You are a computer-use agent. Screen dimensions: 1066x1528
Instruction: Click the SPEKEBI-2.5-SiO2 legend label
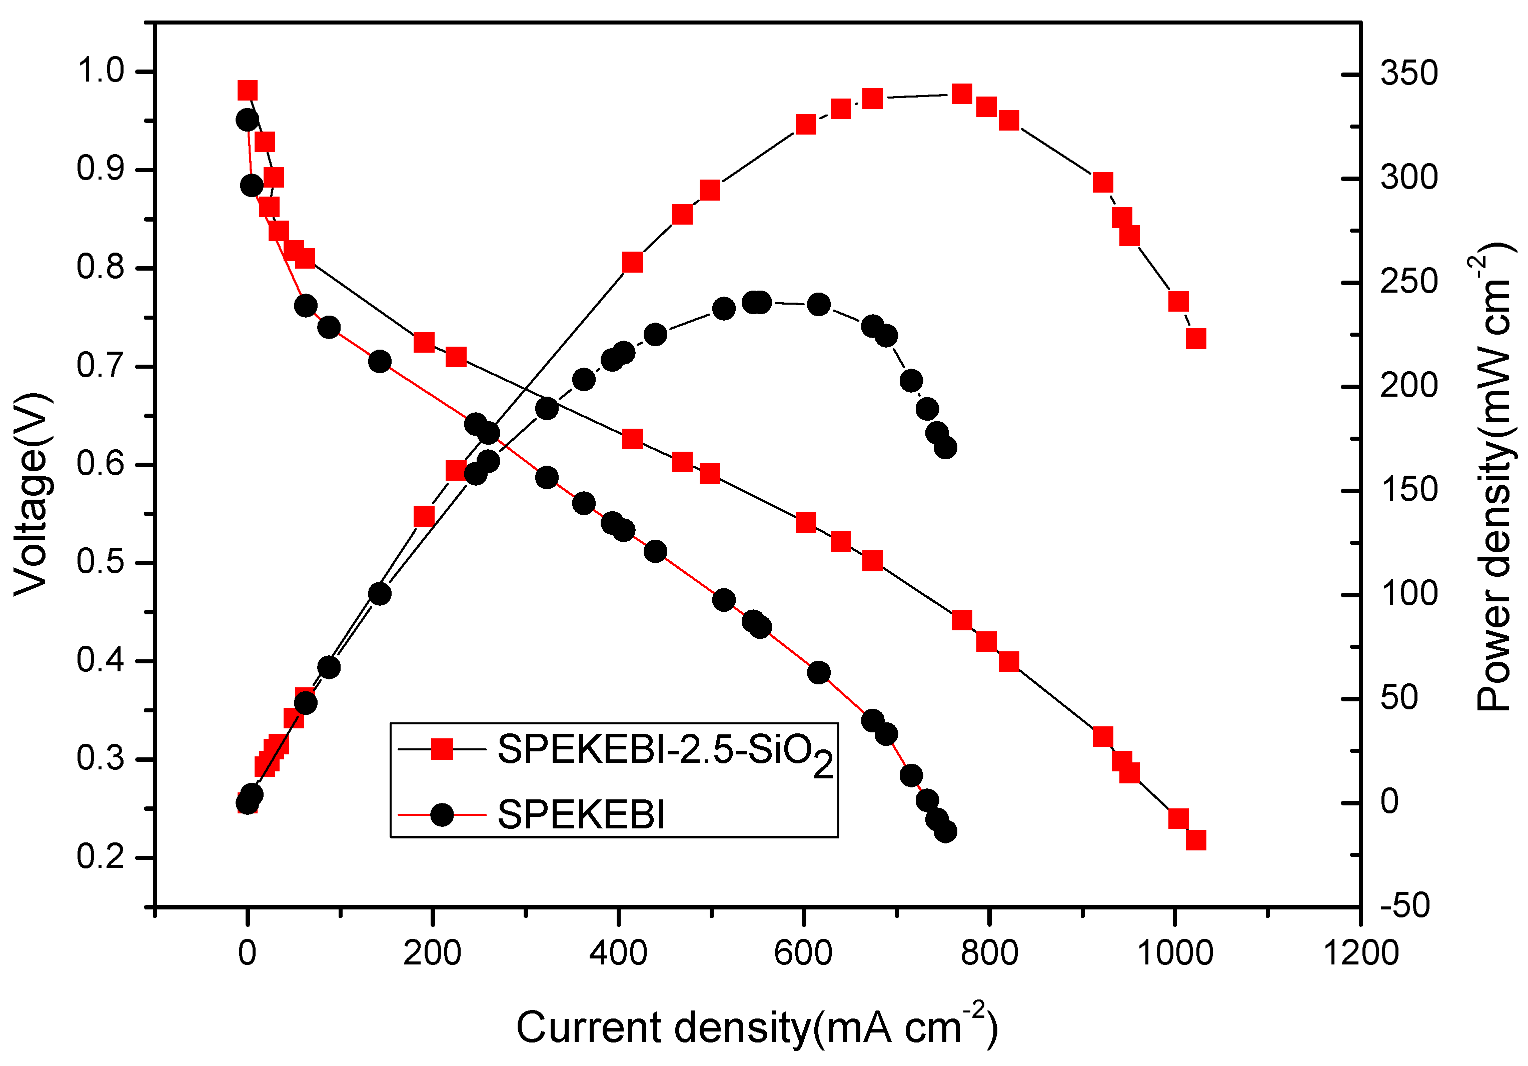(664, 752)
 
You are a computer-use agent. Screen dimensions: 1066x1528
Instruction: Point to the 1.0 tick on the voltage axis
(101, 71)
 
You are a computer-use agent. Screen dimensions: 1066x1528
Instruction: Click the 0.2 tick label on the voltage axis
(101, 856)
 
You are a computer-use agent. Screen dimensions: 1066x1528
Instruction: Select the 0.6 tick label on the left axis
(101, 464)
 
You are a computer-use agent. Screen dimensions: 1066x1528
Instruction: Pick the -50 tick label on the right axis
(1404, 905)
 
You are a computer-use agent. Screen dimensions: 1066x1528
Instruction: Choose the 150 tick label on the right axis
(1408, 490)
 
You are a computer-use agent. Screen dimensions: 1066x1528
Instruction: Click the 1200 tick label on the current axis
(1360, 953)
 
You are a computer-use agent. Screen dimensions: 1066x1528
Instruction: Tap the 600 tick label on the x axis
(803, 953)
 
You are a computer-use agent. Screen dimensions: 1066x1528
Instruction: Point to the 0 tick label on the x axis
(247, 953)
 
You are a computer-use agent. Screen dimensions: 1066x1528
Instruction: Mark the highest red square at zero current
(248, 91)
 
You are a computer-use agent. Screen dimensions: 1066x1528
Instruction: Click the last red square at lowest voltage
(1196, 840)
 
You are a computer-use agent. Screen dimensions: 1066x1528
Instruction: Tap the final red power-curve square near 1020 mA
(1196, 339)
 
